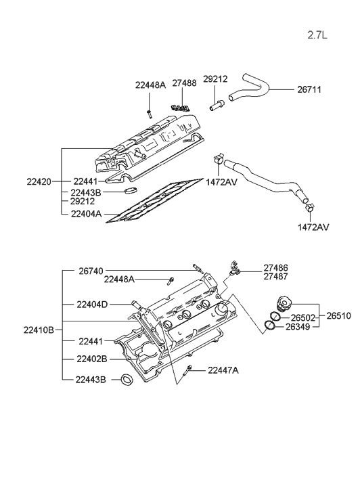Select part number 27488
click(x=184, y=83)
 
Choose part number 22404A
click(x=86, y=213)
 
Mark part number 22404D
click(x=92, y=304)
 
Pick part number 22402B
click(x=92, y=359)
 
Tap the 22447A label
click(x=223, y=370)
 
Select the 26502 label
click(x=303, y=318)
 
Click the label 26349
click(x=303, y=328)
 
